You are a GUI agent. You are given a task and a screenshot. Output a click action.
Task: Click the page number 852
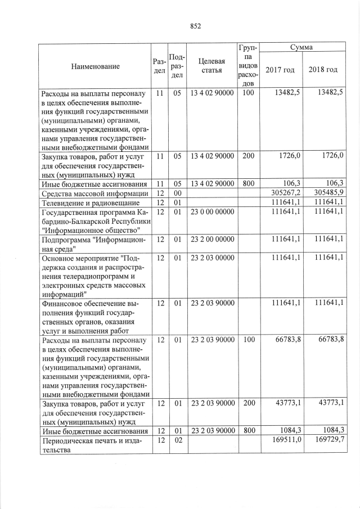tap(196, 26)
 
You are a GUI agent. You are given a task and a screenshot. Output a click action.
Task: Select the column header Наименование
tap(95, 66)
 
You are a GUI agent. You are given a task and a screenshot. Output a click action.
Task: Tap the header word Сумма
tap(301, 48)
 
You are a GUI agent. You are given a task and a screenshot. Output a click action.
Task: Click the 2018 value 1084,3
tap(331, 431)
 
